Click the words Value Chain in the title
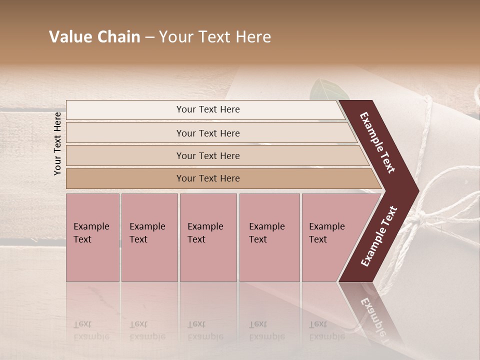pyautogui.click(x=94, y=37)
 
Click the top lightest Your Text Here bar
pyautogui.click(x=207, y=109)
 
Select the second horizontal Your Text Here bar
pyautogui.click(x=207, y=133)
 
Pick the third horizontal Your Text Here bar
pyautogui.click(x=207, y=155)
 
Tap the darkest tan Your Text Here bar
pyautogui.click(x=207, y=178)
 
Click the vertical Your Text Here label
pyautogui.click(x=57, y=143)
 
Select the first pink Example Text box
pyautogui.click(x=92, y=237)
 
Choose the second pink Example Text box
pyautogui.click(x=149, y=237)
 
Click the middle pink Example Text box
pyautogui.click(x=208, y=237)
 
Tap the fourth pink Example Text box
pyautogui.click(x=269, y=237)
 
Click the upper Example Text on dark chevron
pyautogui.click(x=377, y=142)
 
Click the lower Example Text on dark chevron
pyautogui.click(x=379, y=236)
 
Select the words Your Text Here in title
pyautogui.click(x=215, y=37)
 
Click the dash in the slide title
pyautogui.click(x=149, y=37)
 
